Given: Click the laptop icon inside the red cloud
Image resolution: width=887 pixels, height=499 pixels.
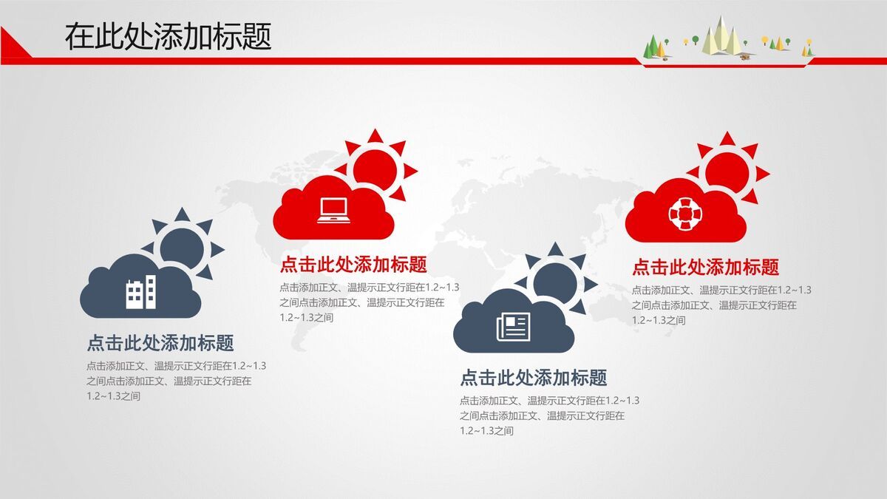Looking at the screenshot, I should point(333,210).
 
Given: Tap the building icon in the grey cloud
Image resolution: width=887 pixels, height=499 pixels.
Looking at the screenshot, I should point(140,292).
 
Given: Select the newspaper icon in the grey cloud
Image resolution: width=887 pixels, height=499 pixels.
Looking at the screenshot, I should point(514,326).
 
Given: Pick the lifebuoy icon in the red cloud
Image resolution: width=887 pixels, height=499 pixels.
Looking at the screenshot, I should point(684,213).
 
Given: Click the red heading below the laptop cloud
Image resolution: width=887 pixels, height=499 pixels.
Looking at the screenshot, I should point(353,265).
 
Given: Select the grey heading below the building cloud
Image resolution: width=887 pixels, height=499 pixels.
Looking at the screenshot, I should point(160,343).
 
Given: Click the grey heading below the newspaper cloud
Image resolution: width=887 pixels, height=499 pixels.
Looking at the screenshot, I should point(533,378).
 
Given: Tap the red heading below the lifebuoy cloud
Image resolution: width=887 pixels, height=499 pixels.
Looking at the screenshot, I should point(705,267).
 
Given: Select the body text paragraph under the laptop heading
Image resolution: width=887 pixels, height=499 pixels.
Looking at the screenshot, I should point(369,302).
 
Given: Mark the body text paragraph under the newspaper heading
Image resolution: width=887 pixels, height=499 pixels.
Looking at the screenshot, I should point(549,415).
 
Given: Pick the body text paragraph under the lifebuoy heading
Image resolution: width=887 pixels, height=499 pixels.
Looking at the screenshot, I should point(721,305).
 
